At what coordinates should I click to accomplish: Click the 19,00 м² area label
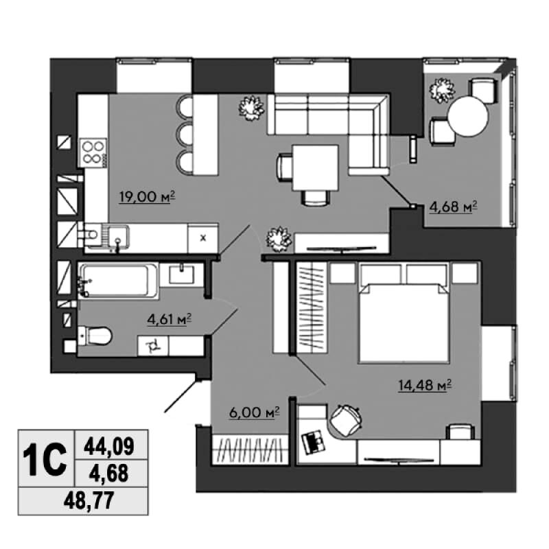[x=147, y=197]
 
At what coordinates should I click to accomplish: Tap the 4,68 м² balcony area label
[x=453, y=207]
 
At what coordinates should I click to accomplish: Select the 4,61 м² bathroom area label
[x=170, y=319]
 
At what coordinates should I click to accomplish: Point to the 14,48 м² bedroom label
[x=424, y=386]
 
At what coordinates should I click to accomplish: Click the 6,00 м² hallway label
[x=254, y=412]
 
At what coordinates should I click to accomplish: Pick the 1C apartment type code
[x=45, y=458]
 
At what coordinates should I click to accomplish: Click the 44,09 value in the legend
[x=109, y=447]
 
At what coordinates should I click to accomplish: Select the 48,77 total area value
[x=89, y=501]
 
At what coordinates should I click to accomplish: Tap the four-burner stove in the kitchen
[x=93, y=152]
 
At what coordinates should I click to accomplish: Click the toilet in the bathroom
[x=95, y=336]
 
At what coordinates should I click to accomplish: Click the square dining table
[x=316, y=167]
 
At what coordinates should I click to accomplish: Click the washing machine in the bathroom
[x=153, y=346]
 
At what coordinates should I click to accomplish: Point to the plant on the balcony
[x=442, y=91]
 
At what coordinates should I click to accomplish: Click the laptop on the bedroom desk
[x=314, y=442]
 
